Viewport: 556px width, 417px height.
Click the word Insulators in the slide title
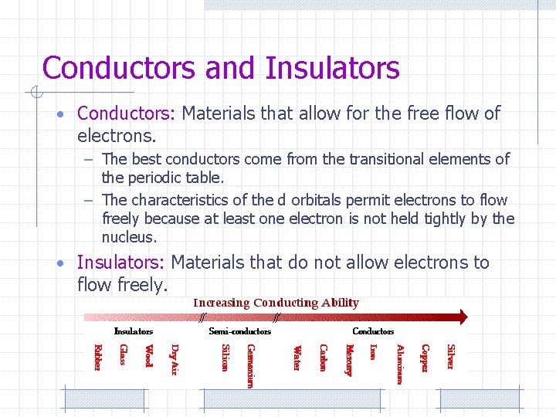click(x=333, y=68)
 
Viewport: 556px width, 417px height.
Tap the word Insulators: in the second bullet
click(x=121, y=263)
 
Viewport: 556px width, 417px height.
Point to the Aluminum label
click(x=399, y=364)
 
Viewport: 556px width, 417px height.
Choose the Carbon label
click(x=324, y=358)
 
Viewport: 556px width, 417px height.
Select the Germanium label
click(x=249, y=366)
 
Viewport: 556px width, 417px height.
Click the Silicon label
click(x=225, y=358)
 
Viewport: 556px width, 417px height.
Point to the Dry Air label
click(x=175, y=360)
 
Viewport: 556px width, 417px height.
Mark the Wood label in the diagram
click(x=149, y=356)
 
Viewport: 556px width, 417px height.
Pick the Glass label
click(x=123, y=355)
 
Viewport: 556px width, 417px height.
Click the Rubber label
click(x=97, y=358)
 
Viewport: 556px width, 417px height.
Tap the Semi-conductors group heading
click(x=240, y=331)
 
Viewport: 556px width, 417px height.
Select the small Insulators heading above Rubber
click(x=133, y=331)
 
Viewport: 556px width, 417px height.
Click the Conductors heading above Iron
click(x=373, y=331)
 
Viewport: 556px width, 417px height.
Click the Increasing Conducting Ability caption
click(x=276, y=303)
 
